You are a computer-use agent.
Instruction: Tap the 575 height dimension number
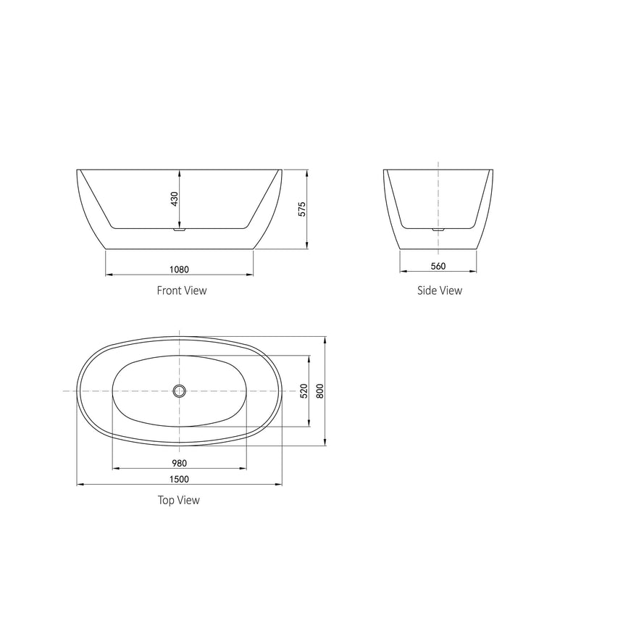coord(302,209)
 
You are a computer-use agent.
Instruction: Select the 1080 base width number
coord(179,269)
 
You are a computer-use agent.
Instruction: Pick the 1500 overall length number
coord(180,479)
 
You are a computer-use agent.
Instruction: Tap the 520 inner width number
coord(304,391)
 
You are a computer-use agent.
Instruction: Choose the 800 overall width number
coord(319,391)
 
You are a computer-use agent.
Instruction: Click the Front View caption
coord(182,290)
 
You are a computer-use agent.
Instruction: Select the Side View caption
coord(439,290)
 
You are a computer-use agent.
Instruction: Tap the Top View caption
coord(178,500)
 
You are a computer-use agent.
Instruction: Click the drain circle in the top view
coord(180,391)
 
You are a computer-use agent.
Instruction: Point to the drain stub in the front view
coord(180,230)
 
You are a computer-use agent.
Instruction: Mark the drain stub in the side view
coord(438,230)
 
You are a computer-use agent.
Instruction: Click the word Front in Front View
coord(169,290)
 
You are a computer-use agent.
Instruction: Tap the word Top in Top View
coord(165,500)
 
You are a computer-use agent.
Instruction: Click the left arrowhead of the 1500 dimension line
coord(80,485)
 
